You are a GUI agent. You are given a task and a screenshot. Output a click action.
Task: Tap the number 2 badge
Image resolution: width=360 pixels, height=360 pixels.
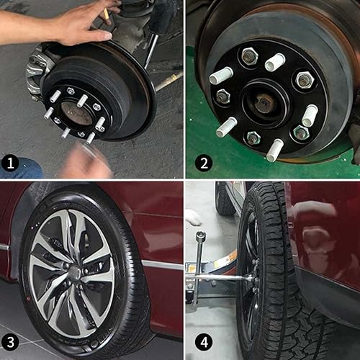pyautogui.click(x=203, y=163)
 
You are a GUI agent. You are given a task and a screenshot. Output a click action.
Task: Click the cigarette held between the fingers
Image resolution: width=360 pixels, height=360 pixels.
pyautogui.click(x=107, y=12)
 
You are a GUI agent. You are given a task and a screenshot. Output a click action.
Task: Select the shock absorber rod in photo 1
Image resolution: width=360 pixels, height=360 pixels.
pyautogui.click(x=152, y=50)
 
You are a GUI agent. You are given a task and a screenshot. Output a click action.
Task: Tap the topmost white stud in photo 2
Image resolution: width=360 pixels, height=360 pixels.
pyautogui.click(x=274, y=62)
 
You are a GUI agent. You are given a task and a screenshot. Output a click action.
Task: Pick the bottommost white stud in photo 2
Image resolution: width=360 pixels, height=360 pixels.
pyautogui.click(x=274, y=150)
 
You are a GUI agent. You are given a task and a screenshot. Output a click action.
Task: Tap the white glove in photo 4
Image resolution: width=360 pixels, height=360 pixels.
pyautogui.click(x=192, y=217)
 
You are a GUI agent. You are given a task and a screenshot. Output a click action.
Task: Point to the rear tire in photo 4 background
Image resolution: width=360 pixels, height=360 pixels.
pyautogui.click(x=224, y=198)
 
